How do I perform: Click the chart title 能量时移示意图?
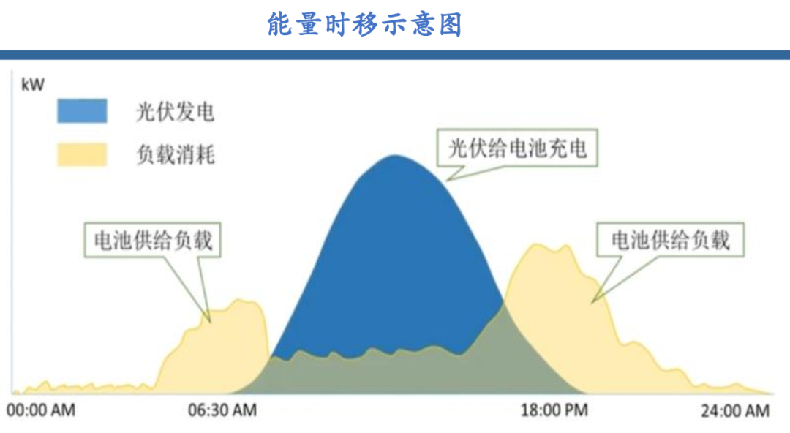click(x=364, y=24)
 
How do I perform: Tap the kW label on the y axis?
click(x=33, y=86)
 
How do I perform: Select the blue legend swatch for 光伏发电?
click(x=82, y=111)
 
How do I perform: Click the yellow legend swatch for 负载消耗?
click(x=82, y=154)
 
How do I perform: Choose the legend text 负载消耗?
click(x=176, y=155)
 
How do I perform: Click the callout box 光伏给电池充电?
click(x=517, y=148)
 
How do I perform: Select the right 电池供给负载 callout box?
click(x=670, y=240)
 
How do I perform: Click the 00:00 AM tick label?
click(x=41, y=410)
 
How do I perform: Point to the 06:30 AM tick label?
click(x=222, y=410)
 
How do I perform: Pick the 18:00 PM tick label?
click(x=554, y=410)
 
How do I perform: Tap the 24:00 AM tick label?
click(x=735, y=410)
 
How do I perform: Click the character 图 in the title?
click(x=451, y=24)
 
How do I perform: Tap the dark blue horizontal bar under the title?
click(x=395, y=55)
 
